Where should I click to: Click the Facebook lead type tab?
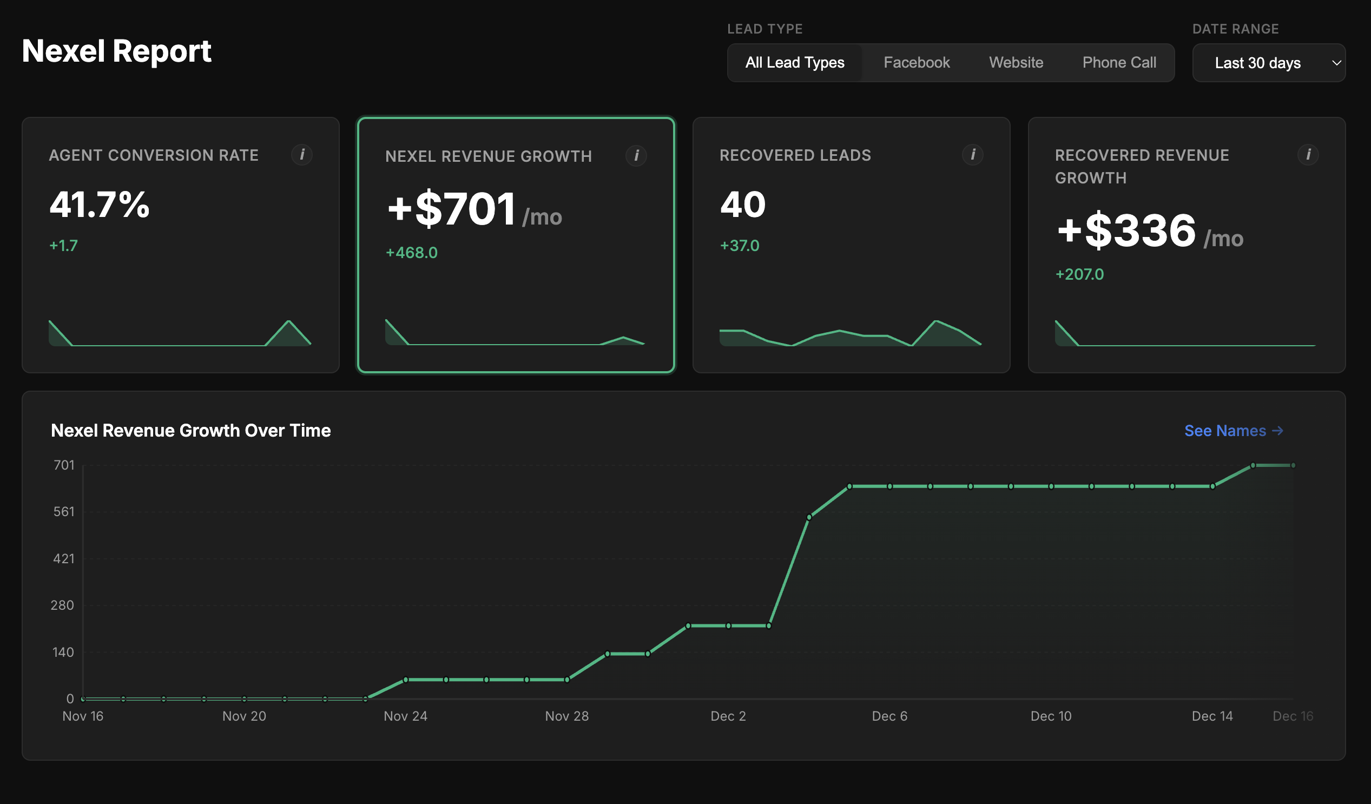point(916,63)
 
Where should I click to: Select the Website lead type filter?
point(1016,63)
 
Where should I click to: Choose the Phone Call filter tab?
point(1119,63)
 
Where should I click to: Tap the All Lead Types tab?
point(794,63)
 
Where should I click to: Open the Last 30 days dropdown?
point(1268,63)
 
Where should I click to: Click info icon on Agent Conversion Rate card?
point(302,155)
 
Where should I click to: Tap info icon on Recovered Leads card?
point(973,155)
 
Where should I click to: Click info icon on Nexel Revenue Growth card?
point(636,156)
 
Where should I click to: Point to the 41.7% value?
point(100,205)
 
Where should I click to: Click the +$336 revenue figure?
point(1126,230)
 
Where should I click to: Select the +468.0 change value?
point(411,253)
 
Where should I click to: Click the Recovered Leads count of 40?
point(743,205)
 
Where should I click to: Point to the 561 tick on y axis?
point(64,512)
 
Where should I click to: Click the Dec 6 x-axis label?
point(889,716)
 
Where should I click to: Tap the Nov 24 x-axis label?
point(405,716)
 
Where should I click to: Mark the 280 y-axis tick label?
point(63,605)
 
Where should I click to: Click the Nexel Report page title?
point(116,52)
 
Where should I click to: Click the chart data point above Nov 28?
point(567,680)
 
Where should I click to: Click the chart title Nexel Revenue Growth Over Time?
point(190,431)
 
